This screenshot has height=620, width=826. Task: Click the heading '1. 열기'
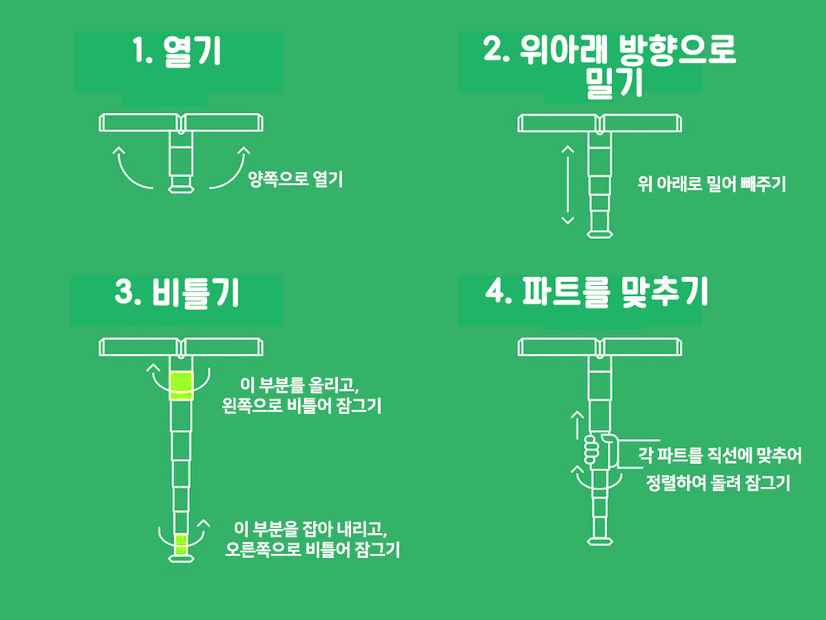tap(177, 51)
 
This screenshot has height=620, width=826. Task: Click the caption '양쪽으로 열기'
tap(296, 179)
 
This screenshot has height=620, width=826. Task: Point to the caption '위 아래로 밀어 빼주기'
tap(711, 184)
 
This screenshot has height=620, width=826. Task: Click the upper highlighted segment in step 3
tap(182, 385)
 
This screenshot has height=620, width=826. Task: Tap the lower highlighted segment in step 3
tap(181, 544)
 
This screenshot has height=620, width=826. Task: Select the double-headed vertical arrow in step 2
tap(567, 185)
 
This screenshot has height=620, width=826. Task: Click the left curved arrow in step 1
tap(126, 174)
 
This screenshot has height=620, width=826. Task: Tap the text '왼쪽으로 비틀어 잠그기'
tap(301, 405)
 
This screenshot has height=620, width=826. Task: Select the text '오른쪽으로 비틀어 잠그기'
tap(312, 549)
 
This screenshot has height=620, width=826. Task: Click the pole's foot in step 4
tap(600, 541)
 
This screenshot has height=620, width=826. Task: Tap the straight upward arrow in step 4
tap(577, 425)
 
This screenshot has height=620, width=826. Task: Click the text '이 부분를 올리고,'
tap(299, 384)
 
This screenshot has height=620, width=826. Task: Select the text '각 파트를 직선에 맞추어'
tap(719, 455)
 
